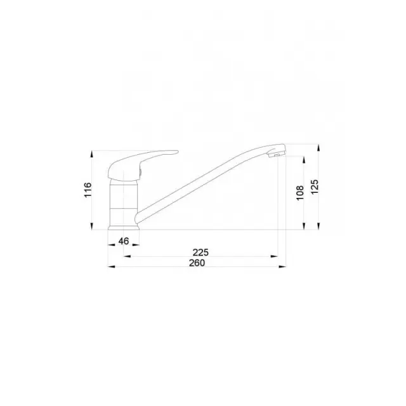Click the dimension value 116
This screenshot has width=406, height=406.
point(88,190)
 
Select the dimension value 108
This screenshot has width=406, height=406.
point(300,193)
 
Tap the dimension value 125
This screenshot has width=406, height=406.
point(315,187)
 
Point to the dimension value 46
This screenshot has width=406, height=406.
point(124,241)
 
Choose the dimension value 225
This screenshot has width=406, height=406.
point(200,252)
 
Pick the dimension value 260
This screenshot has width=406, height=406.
point(197,263)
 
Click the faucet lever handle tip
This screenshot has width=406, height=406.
point(177,152)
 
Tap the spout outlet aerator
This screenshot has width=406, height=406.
point(276,155)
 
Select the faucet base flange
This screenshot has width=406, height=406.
point(124,228)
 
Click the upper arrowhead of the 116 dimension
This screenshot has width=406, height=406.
point(91,154)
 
